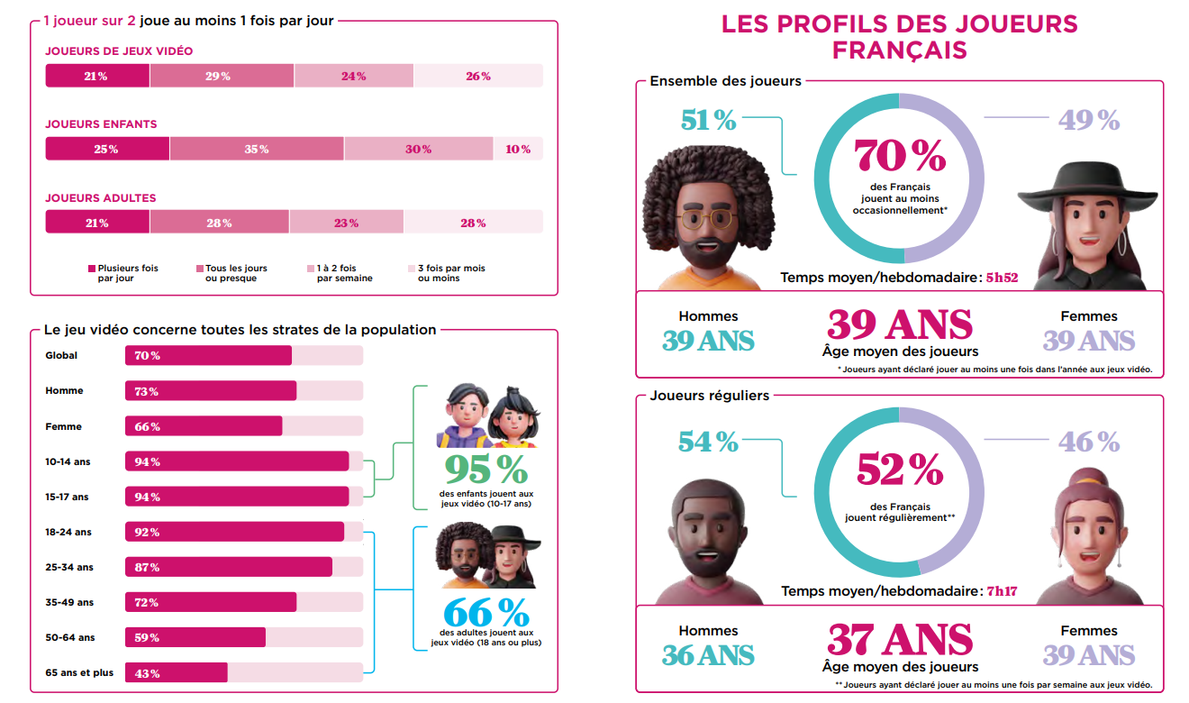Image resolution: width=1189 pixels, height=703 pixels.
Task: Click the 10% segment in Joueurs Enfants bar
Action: click(518, 149)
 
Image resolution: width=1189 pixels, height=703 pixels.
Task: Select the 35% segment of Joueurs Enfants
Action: click(257, 149)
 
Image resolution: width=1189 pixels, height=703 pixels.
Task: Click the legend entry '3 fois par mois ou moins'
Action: click(450, 273)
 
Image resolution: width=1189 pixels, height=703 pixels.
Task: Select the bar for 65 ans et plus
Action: click(177, 672)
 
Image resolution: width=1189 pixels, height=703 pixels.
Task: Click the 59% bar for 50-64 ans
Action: click(195, 637)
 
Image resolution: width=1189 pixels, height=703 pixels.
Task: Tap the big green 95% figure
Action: click(486, 469)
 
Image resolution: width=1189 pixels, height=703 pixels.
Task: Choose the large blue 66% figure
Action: click(486, 614)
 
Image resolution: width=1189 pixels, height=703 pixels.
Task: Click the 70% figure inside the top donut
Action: click(900, 156)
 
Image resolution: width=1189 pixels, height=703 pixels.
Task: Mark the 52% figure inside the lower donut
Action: click(900, 470)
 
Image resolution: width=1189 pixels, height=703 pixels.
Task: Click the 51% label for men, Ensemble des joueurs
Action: click(709, 120)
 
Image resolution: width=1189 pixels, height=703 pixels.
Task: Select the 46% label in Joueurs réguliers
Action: click(1089, 443)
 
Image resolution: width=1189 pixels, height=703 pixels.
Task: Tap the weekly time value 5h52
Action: click(1002, 278)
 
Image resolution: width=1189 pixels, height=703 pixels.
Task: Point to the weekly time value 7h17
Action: click(1002, 591)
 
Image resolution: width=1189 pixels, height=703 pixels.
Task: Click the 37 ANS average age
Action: click(900, 640)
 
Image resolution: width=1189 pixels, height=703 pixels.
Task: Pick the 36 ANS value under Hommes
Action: click(708, 655)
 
